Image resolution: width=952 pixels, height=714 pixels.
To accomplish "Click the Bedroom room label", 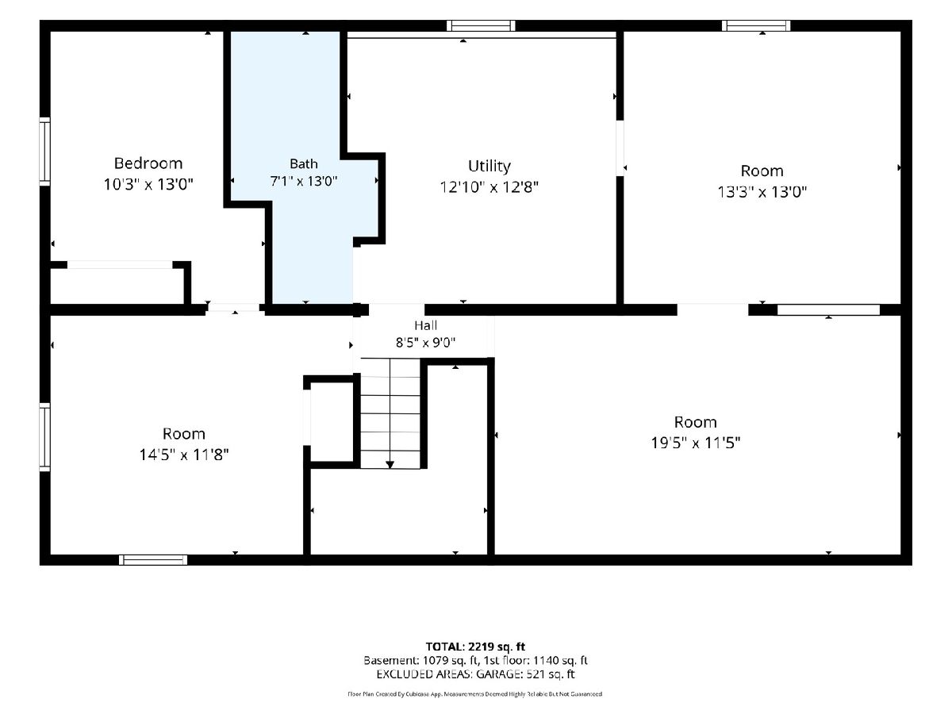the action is point(148,163).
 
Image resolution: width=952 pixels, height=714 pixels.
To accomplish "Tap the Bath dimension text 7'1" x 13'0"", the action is point(304,181).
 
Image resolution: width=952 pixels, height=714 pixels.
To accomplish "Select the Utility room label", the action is point(489,166).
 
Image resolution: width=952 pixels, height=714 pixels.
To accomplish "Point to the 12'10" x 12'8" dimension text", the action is point(489,187).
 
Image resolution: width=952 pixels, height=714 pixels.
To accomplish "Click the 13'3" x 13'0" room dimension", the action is point(762,192).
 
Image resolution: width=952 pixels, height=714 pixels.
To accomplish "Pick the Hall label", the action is point(425,325).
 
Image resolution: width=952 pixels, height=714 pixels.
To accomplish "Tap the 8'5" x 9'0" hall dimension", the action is point(425,343).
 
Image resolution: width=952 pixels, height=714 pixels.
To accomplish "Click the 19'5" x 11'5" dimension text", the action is point(695,443).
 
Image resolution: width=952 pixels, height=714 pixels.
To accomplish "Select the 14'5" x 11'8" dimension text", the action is point(184,455).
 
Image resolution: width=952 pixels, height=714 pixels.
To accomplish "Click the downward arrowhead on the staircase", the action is point(390,465).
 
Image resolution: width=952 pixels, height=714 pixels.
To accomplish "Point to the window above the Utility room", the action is point(481,25).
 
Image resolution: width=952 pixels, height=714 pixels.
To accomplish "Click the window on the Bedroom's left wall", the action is point(44,152).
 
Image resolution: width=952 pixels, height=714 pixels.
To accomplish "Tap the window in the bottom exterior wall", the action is point(153,560).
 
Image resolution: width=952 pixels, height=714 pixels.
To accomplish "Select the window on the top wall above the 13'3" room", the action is point(756,25).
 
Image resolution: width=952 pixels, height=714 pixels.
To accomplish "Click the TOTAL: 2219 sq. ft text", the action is point(475,647).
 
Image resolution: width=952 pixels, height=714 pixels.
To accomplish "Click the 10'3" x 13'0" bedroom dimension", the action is point(148,184).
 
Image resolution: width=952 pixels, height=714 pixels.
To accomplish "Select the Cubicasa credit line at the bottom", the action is point(475,694).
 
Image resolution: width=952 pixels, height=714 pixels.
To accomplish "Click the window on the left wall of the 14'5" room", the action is point(44,437).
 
